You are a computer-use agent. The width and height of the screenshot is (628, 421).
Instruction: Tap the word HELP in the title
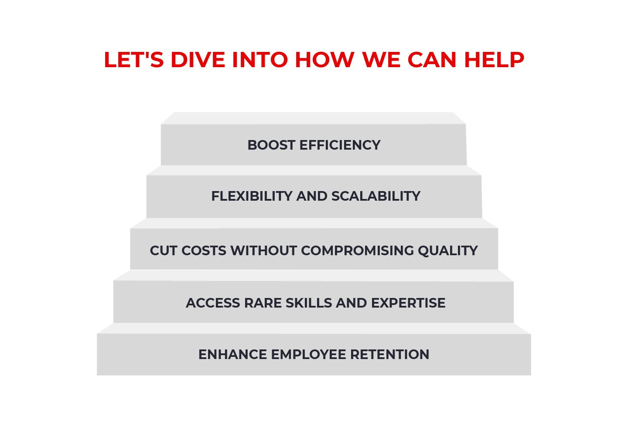(494, 60)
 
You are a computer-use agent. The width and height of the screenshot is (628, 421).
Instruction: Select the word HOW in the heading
(324, 60)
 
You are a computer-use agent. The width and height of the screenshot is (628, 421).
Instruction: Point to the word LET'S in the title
(133, 60)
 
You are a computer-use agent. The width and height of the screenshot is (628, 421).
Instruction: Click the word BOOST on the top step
(271, 145)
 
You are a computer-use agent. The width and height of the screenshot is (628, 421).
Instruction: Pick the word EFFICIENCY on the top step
(340, 145)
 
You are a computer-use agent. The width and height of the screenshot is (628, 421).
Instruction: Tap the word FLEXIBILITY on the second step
(252, 196)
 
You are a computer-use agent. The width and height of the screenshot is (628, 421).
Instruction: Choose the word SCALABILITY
(376, 196)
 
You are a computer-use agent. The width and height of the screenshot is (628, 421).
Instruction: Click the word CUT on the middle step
(164, 251)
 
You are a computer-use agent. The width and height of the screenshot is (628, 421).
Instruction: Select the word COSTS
(204, 251)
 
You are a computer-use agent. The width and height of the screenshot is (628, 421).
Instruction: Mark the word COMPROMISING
(357, 251)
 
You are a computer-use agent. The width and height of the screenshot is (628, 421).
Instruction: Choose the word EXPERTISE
(408, 303)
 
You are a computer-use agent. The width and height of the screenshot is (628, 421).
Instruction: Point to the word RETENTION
(389, 355)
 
